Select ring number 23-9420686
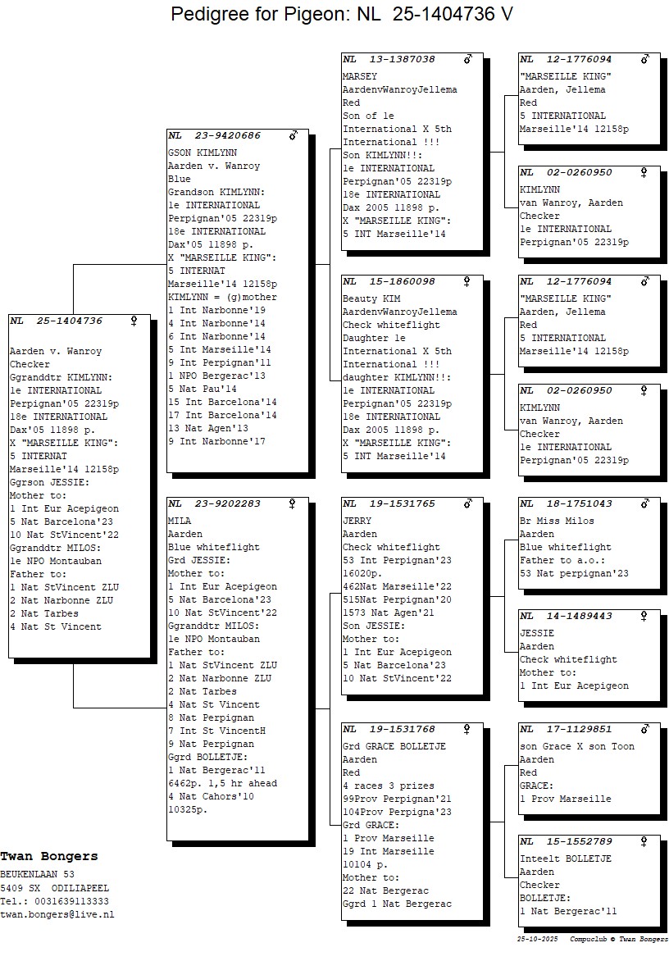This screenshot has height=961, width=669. [227, 135]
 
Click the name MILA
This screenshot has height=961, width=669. [180, 521]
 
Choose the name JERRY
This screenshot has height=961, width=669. [357, 521]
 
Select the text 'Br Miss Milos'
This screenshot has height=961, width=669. [557, 521]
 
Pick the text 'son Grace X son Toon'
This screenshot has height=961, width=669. [577, 746]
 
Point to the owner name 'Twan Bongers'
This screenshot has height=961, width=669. [49, 856]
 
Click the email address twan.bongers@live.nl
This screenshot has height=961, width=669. [57, 914]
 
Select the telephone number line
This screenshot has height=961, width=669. [54, 901]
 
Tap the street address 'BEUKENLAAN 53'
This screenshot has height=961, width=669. [37, 874]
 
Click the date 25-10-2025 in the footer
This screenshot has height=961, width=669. [539, 939]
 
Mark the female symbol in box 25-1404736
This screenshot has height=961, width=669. [133, 321]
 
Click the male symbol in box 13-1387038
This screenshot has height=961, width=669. [468, 59]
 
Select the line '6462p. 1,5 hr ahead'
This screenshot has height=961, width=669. [222, 783]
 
